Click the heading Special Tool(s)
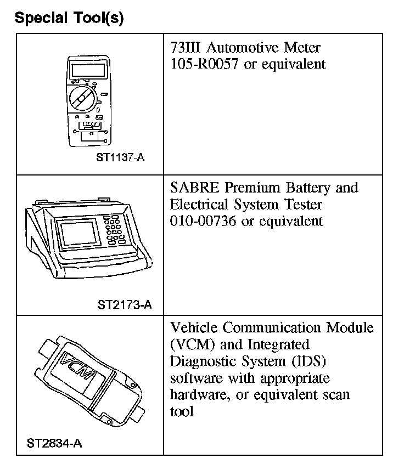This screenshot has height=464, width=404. pos(69,18)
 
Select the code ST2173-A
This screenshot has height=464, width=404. pos(125,304)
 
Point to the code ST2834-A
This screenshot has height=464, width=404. pos(54,443)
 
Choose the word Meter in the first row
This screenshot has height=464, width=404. pos(301,48)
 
